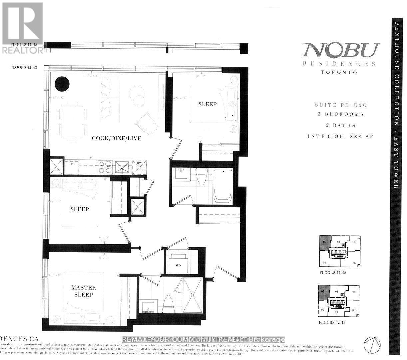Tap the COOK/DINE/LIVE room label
click(116, 138)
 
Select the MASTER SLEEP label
click(83, 291)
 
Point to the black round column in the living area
click(62, 83)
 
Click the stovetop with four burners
click(105, 167)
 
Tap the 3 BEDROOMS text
click(340, 114)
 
